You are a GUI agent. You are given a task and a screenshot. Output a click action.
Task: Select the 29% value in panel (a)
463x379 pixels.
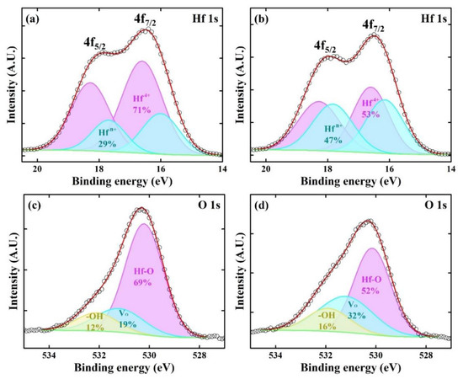pyautogui.click(x=106, y=142)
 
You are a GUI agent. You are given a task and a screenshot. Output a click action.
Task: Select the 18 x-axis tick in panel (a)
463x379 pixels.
pyautogui.click(x=98, y=168)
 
